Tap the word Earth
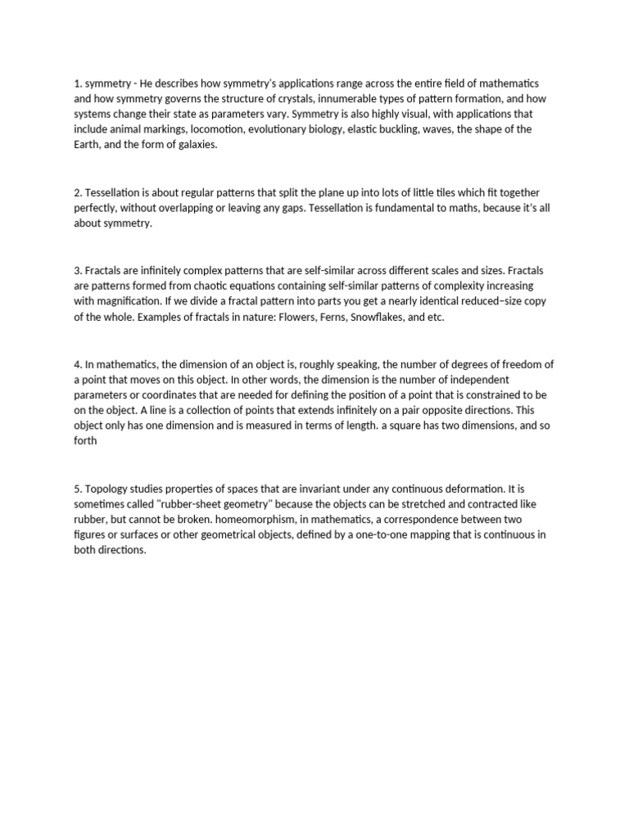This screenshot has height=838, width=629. click(x=88, y=144)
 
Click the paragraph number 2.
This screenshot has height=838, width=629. click(x=78, y=193)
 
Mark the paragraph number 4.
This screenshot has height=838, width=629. click(x=78, y=365)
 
